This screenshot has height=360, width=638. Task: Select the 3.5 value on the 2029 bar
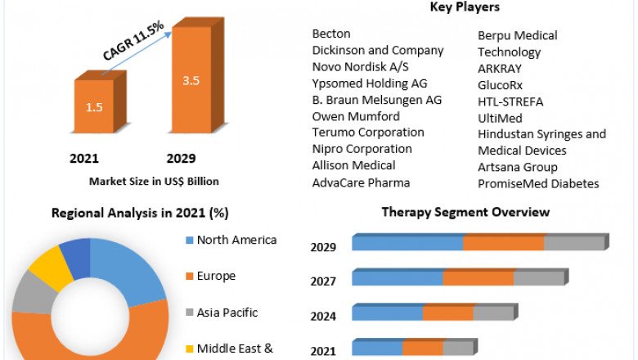(191, 82)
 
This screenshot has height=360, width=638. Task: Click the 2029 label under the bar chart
(181, 158)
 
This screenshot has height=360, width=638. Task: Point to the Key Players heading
(465, 7)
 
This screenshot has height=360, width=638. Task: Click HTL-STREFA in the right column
(510, 101)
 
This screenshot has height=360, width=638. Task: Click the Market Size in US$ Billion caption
(154, 182)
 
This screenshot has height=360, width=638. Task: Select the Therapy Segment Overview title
(465, 212)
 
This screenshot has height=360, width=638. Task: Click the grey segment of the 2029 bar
(573, 243)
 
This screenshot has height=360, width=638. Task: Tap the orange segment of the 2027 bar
(478, 278)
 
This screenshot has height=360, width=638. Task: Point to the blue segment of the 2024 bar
(387, 313)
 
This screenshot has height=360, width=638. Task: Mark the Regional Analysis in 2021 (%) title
(140, 213)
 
